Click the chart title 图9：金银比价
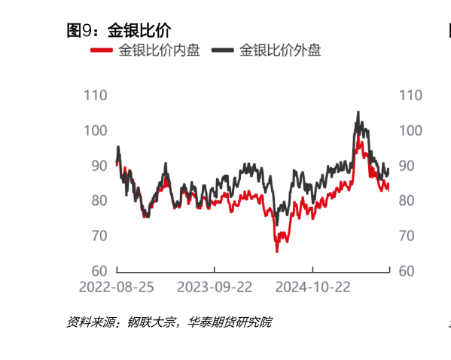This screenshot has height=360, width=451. click(118, 31)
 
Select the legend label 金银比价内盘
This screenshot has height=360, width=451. click(159, 50)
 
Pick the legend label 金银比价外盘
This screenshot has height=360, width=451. click(280, 50)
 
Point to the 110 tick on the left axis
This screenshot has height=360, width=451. click(95, 96)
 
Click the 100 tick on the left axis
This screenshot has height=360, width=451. click(95, 130)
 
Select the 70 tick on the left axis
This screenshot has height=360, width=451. click(99, 236)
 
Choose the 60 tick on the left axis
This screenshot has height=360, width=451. click(99, 270)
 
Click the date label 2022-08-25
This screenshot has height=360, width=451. click(117, 287)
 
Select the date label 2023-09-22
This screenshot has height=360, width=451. click(215, 287)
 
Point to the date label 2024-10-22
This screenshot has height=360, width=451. click(312, 287)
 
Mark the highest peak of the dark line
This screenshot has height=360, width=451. click(358, 112)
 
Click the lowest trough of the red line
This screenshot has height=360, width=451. click(277, 251)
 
